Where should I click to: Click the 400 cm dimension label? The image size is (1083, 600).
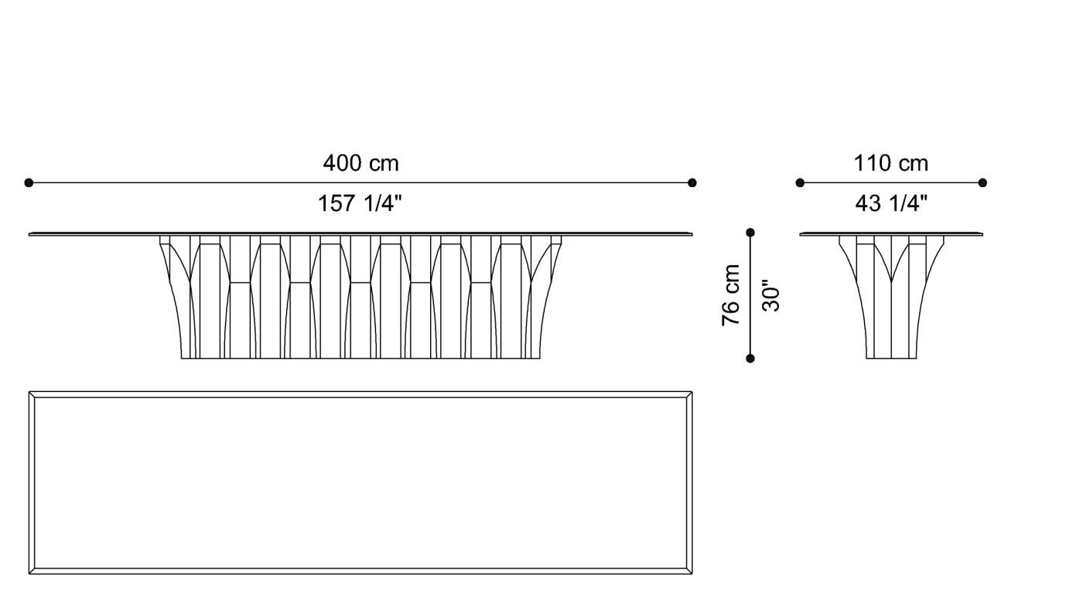point(360,164)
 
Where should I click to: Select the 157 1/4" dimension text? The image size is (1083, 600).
point(360,204)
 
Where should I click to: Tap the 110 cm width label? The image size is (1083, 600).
point(890,164)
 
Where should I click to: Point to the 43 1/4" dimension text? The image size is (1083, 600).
point(891,204)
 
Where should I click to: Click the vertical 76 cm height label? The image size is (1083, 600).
point(731,295)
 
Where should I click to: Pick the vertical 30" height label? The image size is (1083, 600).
point(771,295)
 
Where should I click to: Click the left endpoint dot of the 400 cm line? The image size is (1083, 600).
point(29,183)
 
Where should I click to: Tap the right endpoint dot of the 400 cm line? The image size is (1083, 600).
point(692,183)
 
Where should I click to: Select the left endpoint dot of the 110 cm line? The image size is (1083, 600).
point(800,183)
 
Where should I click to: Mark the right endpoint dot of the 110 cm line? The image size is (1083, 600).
point(982,183)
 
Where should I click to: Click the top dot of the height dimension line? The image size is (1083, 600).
point(750,232)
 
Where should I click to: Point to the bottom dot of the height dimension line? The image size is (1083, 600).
point(750,358)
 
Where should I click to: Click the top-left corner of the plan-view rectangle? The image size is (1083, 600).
point(30,393)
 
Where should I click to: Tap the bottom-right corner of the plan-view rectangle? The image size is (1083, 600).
point(692,574)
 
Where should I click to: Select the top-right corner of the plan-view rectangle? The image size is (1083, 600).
point(692,393)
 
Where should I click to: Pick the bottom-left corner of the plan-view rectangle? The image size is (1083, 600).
point(30,574)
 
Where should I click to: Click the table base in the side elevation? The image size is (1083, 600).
point(891,302)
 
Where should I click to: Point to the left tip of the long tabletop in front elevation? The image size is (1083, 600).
point(30,234)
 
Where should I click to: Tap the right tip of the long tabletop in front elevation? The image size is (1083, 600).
point(692,234)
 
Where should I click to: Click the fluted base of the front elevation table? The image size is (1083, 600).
point(360,302)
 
